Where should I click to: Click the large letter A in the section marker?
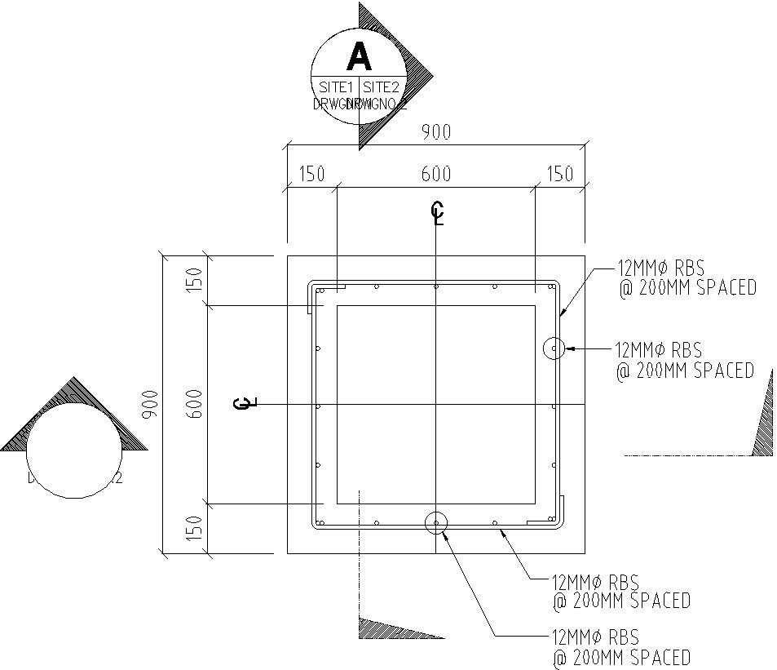(x=359, y=57)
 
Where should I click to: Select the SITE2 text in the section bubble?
(x=381, y=87)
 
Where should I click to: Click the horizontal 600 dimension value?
(x=435, y=175)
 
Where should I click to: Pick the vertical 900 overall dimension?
(x=150, y=405)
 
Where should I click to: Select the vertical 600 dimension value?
(x=194, y=405)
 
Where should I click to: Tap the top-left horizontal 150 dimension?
(x=311, y=175)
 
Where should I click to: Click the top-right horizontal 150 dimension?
(x=559, y=175)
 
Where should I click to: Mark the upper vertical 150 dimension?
(x=194, y=281)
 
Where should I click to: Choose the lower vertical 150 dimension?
(x=194, y=530)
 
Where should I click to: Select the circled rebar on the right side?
(x=554, y=348)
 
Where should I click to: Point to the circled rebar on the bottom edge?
(x=436, y=522)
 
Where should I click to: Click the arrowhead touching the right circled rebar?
(x=571, y=348)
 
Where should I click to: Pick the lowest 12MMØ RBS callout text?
(x=595, y=637)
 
